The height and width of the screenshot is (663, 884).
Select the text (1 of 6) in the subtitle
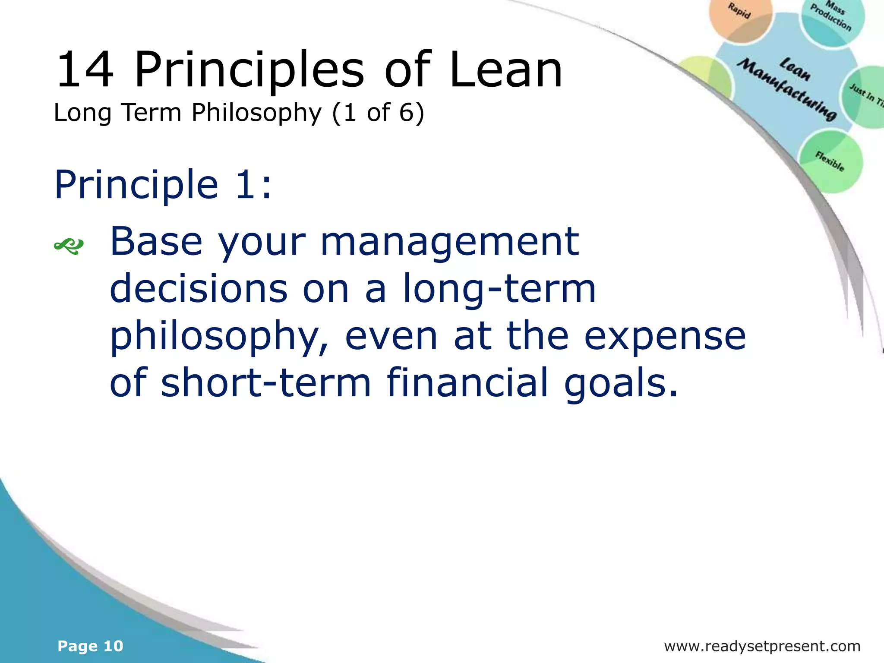pyautogui.click(x=378, y=113)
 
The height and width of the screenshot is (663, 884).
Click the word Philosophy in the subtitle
pyautogui.click(x=257, y=114)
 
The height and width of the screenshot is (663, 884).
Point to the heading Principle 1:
pyautogui.click(x=163, y=184)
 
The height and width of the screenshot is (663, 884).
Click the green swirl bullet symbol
pyautogui.click(x=69, y=246)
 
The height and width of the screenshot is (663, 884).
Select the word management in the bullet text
pyautogui.click(x=449, y=242)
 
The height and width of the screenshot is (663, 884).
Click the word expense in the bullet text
pyautogui.click(x=665, y=337)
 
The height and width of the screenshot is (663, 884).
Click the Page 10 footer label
pyautogui.click(x=91, y=646)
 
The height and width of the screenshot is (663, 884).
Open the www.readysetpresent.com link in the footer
pyautogui.click(x=762, y=646)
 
